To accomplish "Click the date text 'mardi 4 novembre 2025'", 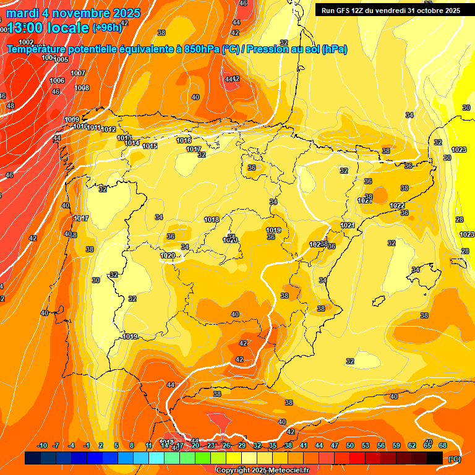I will (73, 13).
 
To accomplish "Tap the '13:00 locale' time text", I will (48, 27).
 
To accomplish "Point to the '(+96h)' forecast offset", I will (107, 27).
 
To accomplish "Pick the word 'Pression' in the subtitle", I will (268, 49).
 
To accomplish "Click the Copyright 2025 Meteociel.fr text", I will (262, 470).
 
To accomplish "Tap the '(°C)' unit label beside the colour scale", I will (454, 458).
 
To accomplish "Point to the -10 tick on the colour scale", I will (42, 445).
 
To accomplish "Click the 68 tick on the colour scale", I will (443, 445).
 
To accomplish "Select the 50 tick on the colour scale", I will (350, 445).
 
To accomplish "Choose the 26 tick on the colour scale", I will (226, 445).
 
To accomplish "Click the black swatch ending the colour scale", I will (435, 458).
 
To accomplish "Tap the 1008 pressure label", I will (82, 88).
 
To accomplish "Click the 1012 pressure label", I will (108, 129).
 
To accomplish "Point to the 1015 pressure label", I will (150, 146).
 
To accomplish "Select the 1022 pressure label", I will (397, 205).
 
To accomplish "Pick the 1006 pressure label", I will (57, 81).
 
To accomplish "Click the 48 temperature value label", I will (11, 106).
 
